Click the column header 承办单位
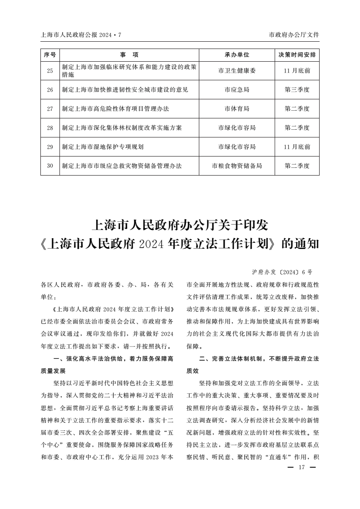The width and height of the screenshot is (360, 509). coord(237,55)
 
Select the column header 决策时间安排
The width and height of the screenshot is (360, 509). coord(297,55)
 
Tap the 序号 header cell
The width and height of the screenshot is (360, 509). coord(50,55)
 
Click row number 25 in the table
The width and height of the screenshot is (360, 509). coord(50,71)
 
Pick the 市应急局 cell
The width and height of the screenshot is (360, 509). coord(237,90)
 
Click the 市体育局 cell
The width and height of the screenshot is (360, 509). coord(237,109)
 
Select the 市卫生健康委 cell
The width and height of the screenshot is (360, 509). coord(237,71)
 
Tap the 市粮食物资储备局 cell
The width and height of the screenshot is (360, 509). coord(237,166)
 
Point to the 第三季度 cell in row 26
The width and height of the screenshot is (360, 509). coord(297,90)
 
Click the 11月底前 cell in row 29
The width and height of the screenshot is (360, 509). coord(297,147)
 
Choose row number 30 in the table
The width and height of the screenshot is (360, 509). coord(50,166)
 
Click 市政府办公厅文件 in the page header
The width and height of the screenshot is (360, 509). coord(294,34)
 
